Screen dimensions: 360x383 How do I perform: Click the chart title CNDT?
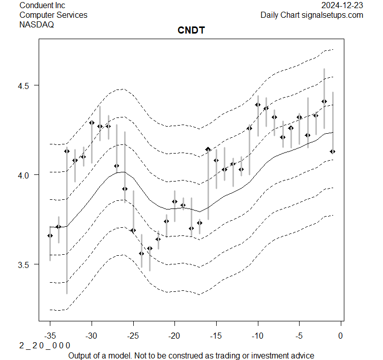tap(191, 31)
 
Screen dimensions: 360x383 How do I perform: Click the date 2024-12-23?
tap(342, 5)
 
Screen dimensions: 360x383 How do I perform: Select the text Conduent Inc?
tap(42, 5)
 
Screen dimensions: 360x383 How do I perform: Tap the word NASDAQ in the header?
tap(37, 24)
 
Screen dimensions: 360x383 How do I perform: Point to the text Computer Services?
tap(53, 15)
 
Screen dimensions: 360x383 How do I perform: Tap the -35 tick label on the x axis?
tap(50, 336)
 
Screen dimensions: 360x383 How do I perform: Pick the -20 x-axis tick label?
tap(174, 336)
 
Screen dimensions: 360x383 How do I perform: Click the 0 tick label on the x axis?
tap(341, 336)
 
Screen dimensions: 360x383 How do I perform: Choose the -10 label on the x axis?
tap(257, 336)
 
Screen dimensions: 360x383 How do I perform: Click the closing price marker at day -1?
tap(333, 152)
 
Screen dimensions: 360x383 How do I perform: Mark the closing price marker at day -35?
tap(50, 235)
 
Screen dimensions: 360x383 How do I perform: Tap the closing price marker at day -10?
tap(258, 105)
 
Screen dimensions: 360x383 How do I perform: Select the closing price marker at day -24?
tap(141, 253)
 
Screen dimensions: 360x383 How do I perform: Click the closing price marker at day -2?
tap(325, 102)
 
